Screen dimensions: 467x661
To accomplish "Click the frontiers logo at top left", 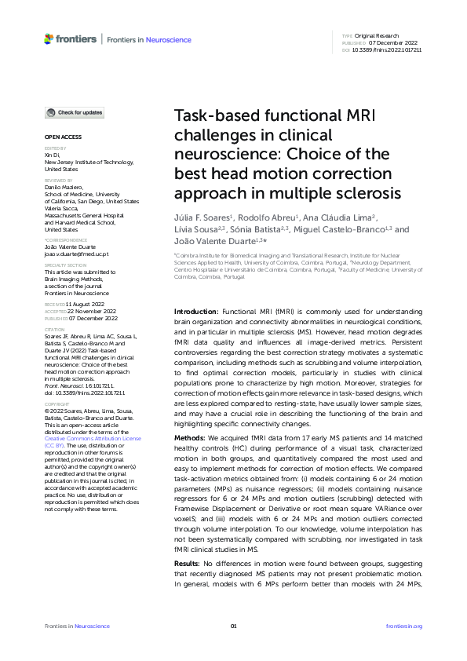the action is coord(71,38).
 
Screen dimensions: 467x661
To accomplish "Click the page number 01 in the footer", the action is coord(233,626).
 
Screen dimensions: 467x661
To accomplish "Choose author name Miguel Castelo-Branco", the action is coord(348,229).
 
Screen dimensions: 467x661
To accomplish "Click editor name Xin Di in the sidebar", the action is coord(51,155).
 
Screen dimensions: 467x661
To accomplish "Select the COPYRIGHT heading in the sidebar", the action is coord(57,404).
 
